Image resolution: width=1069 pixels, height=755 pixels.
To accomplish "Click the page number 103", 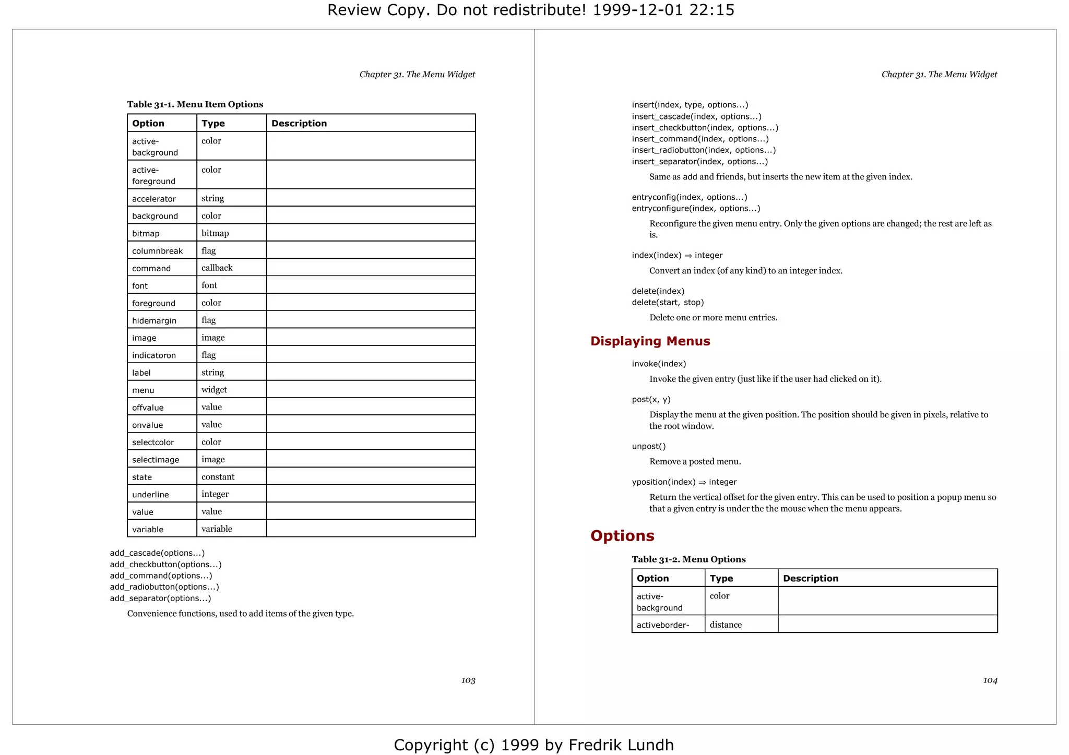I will (468, 680).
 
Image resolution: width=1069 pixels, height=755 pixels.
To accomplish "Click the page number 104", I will (990, 680).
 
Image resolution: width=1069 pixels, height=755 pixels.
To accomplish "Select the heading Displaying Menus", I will (650, 341).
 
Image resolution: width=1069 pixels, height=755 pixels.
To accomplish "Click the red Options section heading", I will (622, 536).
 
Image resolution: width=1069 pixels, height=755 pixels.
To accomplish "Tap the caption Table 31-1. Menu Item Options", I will (195, 104).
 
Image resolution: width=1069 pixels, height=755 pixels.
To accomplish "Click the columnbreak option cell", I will (157, 251).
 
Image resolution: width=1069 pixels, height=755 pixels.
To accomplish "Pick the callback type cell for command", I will (217, 268).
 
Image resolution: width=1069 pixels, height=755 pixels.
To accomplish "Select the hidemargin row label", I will (154, 320).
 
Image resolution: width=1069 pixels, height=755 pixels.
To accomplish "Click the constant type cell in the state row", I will (218, 477).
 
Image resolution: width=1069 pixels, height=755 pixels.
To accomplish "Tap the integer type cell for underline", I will (215, 494).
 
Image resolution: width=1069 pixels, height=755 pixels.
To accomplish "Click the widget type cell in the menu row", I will (214, 390).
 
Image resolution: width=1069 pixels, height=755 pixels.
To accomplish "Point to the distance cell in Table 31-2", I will (726, 625).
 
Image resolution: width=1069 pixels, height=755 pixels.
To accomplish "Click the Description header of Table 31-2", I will (810, 578).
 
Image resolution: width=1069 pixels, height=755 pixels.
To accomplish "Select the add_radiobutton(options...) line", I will (164, 587).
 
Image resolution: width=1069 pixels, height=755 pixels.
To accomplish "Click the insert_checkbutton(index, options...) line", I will (705, 128).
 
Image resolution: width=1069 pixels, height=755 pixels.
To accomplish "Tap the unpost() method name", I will (648, 446).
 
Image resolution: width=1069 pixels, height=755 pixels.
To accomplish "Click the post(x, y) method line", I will (651, 400).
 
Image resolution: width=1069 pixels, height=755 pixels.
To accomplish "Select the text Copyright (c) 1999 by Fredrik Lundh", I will (533, 745).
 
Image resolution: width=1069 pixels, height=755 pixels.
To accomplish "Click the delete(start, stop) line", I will (668, 303).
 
